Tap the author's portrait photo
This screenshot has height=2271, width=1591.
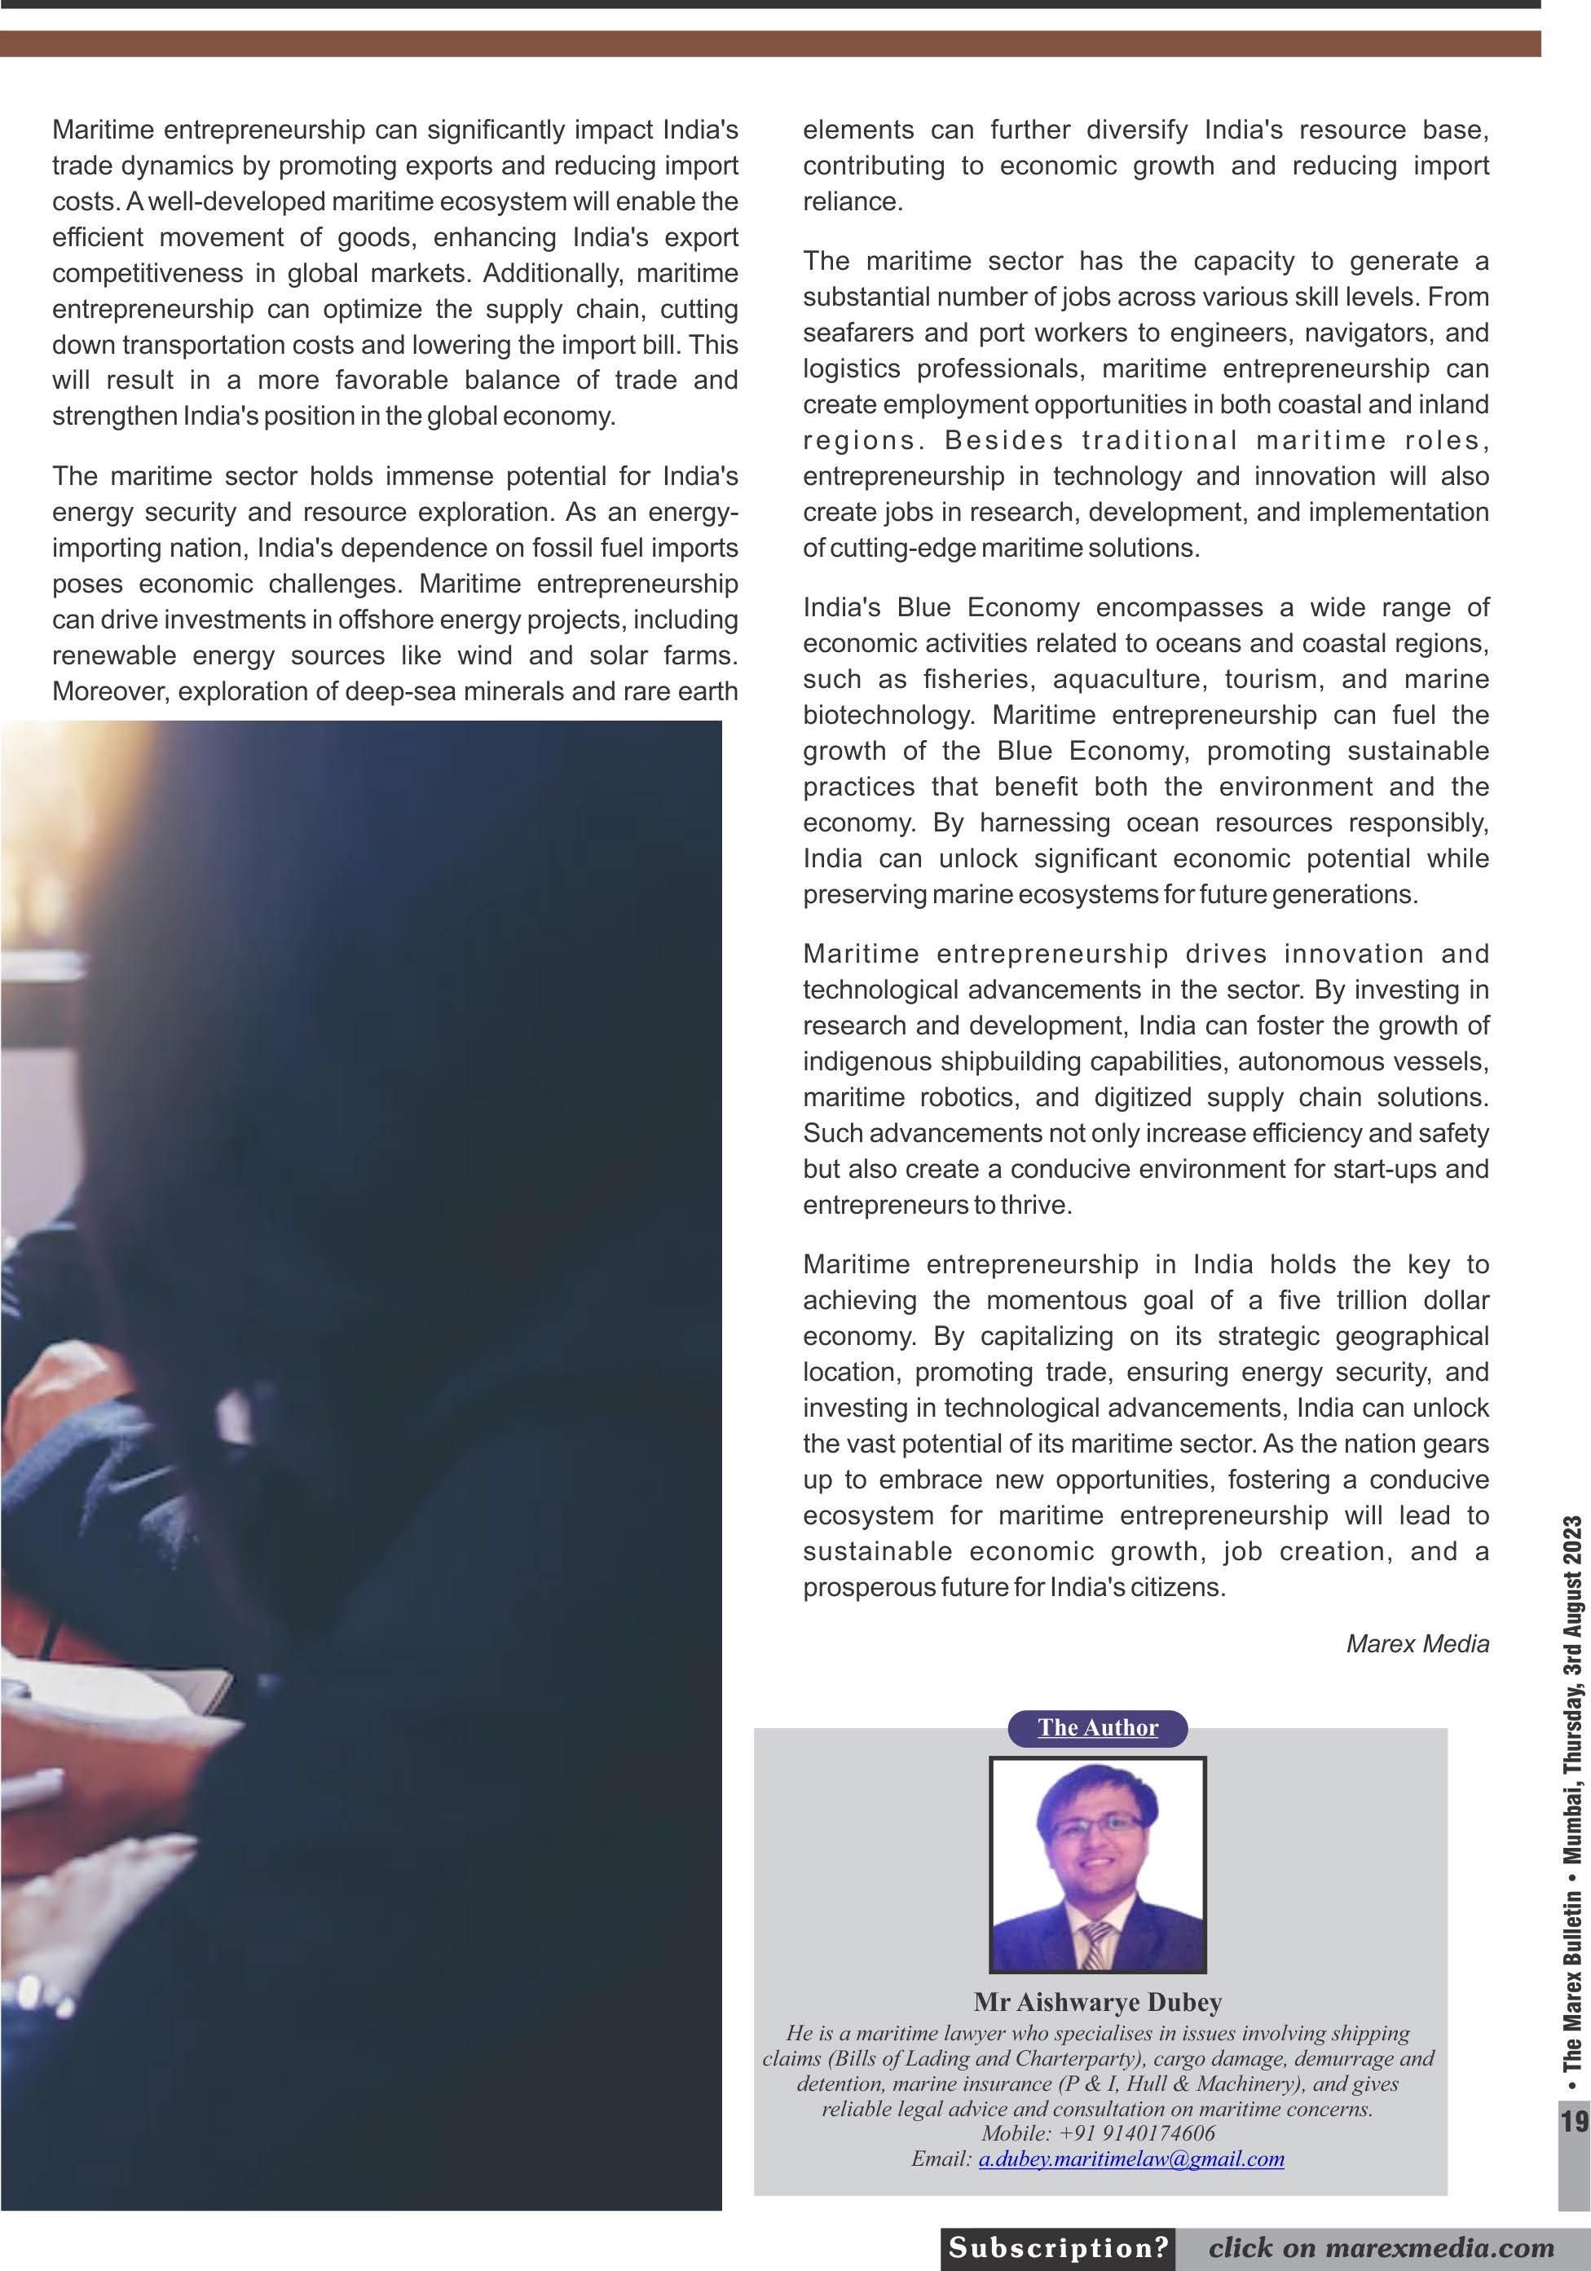coord(1098,1863)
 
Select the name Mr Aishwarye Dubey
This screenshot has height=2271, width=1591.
coord(1098,2002)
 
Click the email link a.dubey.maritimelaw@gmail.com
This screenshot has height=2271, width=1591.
coord(1131,2159)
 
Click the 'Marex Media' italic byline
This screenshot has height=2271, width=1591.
coord(1417,1644)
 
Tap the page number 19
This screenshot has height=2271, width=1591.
coord(1574,2121)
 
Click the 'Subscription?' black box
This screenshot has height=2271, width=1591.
coord(1058,2247)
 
